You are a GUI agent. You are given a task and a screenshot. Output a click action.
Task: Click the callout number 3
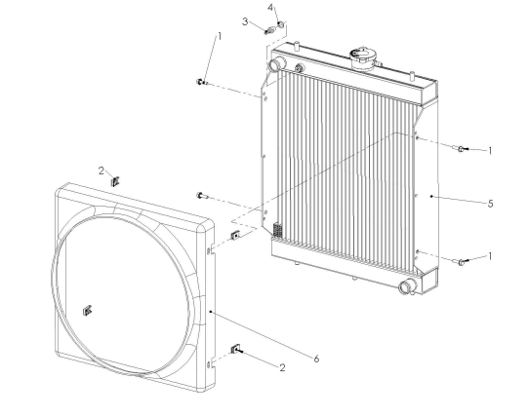pos(245,21)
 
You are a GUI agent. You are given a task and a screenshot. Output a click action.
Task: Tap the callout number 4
pos(271,8)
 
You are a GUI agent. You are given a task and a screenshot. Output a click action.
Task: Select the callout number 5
pos(490,204)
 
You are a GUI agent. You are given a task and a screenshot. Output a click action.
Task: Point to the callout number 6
pos(316,360)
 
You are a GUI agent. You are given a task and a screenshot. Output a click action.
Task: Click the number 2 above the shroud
pos(102,171)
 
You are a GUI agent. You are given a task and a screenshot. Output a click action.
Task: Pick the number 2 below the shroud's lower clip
pos(282,367)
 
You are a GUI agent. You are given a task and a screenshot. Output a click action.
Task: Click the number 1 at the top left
pos(220,36)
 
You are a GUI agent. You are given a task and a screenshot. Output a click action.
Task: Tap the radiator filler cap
pos(362,57)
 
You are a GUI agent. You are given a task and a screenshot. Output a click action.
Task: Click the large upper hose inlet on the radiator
pos(277,63)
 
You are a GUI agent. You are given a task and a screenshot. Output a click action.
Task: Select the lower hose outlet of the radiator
pos(408,286)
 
